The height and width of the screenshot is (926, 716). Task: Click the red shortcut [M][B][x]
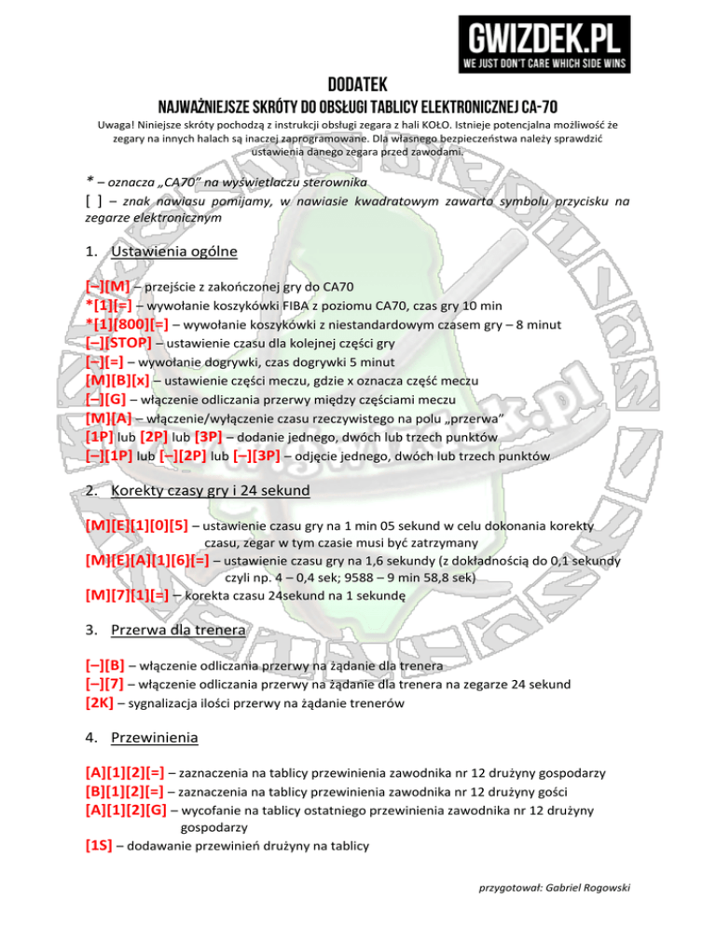[117, 381]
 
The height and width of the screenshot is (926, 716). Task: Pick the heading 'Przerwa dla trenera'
[177, 630]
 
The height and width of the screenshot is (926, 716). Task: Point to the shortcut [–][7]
[103, 685]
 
